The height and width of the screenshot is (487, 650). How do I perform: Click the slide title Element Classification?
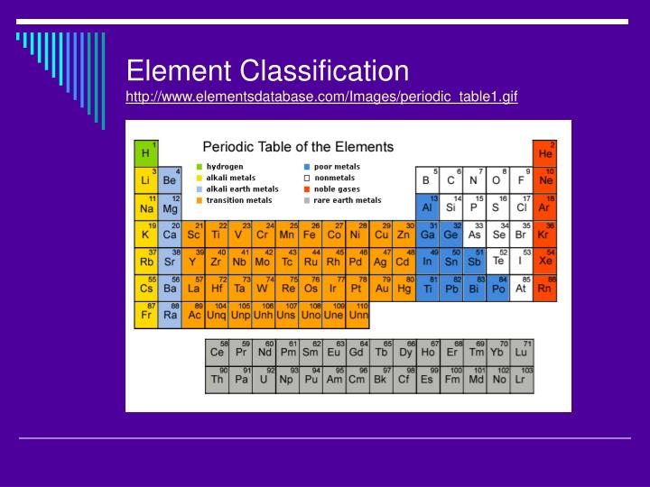[267, 69]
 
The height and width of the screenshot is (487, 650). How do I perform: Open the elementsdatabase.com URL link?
[322, 96]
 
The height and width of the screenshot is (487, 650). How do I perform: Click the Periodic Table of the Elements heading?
[297, 146]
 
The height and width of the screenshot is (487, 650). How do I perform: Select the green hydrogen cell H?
[145, 152]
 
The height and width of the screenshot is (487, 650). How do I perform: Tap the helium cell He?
[544, 152]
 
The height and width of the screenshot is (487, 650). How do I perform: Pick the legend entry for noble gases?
[337, 189]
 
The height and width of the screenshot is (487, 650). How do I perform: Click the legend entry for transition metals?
[237, 200]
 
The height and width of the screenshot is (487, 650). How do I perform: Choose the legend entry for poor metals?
[335, 167]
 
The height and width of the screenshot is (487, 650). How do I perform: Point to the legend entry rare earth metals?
[347, 200]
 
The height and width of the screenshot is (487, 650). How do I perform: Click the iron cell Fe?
[310, 233]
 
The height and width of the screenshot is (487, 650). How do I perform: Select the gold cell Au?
[381, 288]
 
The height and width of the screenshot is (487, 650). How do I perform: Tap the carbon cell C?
[450, 179]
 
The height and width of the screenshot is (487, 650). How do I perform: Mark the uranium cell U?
[264, 379]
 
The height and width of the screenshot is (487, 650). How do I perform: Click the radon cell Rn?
[544, 288]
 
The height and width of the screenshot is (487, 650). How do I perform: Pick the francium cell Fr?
[145, 315]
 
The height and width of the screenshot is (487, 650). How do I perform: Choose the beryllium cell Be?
[169, 179]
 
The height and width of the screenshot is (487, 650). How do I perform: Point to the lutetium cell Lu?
[522, 352]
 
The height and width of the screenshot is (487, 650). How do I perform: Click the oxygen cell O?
[497, 179]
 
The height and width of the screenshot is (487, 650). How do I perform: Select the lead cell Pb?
[450, 288]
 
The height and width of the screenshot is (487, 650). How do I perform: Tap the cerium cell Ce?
[217, 352]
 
